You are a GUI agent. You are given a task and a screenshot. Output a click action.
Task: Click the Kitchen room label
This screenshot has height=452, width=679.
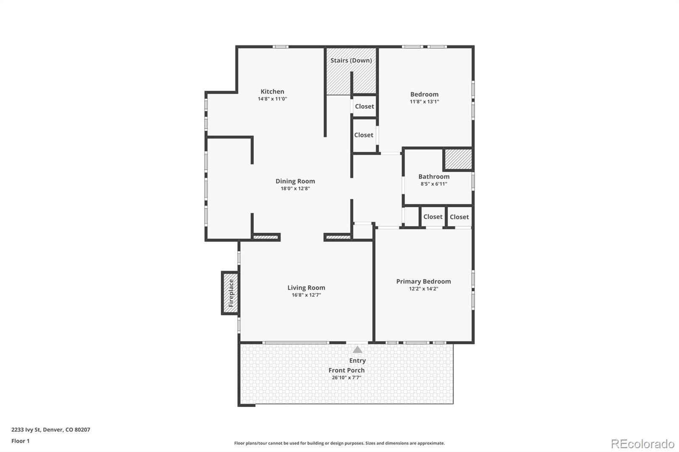[272, 92]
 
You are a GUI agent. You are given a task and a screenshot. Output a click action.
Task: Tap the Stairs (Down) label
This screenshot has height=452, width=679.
[351, 60]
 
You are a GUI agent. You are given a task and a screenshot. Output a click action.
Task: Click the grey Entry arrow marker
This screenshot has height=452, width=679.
[357, 350]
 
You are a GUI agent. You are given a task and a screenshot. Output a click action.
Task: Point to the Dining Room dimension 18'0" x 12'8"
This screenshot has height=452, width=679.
[295, 189]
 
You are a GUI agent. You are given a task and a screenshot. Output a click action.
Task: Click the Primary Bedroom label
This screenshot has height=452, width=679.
[423, 282]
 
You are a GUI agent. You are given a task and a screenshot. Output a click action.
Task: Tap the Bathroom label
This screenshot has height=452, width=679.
[434, 177]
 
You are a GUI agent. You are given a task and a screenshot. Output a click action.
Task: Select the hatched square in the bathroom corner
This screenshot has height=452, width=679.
[458, 159]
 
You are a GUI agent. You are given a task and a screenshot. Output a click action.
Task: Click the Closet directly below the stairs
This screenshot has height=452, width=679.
[364, 106]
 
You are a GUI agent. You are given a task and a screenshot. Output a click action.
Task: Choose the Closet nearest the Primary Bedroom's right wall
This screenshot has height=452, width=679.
[459, 217]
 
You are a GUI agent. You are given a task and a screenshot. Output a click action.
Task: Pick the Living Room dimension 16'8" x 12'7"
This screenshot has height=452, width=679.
[306, 295]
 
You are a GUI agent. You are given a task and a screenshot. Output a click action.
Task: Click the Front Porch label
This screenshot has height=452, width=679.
[346, 370]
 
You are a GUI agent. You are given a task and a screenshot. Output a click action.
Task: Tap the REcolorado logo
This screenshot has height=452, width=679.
[642, 444]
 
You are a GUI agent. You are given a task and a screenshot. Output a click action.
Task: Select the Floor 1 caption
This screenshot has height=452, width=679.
[20, 441]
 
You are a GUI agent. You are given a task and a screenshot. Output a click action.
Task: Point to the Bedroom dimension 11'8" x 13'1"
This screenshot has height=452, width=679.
[424, 102]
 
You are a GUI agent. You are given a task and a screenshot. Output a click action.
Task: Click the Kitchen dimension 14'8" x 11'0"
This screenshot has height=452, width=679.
[272, 99]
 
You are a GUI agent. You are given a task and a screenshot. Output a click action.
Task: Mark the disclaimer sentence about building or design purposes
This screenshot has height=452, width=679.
[339, 443]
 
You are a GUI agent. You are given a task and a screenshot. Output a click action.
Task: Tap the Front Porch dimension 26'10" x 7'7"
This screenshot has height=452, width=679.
[346, 377]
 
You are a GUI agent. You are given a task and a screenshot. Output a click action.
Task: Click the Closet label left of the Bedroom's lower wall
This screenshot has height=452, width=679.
[364, 135]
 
